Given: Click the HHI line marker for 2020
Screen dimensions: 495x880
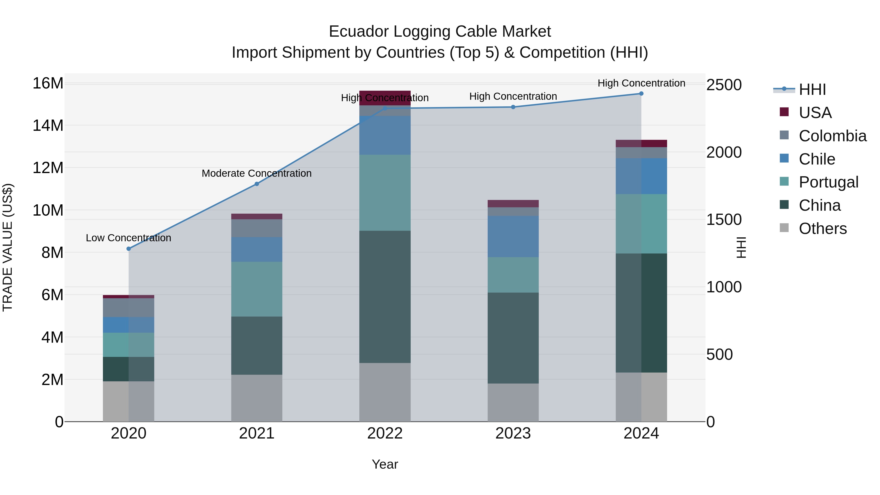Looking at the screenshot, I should click(128, 249).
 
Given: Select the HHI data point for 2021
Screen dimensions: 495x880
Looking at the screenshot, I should click(257, 184).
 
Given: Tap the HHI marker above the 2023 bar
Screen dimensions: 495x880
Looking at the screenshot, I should click(513, 107).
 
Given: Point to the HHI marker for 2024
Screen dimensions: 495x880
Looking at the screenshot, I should click(641, 94).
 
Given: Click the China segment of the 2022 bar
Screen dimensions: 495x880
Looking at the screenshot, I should click(385, 297).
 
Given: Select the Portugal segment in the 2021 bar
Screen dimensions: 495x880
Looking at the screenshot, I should click(257, 289).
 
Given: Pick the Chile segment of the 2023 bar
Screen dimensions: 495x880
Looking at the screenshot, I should click(513, 236).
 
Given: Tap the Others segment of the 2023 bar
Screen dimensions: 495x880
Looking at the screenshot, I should click(513, 402).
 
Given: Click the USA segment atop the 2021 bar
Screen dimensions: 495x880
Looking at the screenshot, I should click(257, 217).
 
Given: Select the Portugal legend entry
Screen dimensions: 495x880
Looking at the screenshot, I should click(828, 182).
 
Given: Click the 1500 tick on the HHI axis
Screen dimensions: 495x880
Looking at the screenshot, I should click(724, 220).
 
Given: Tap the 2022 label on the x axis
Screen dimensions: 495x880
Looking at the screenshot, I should click(385, 433).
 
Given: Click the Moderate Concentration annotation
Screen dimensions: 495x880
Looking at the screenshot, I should click(257, 173).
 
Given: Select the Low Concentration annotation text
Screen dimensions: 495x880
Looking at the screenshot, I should click(128, 238).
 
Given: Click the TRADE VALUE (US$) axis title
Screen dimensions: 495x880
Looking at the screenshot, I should click(8, 247).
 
